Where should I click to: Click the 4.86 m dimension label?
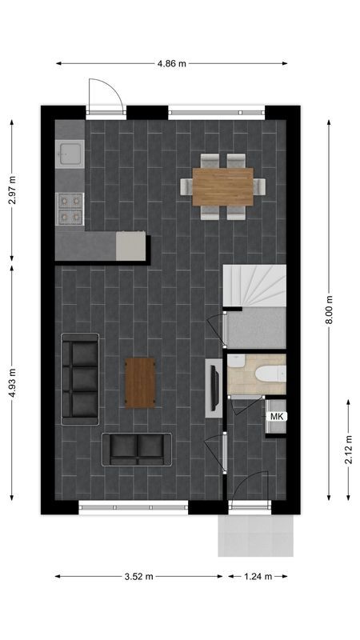tap(172, 63)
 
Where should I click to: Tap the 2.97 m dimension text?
tap(12, 190)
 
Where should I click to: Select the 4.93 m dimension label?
tap(12, 382)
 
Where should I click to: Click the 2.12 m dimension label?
tap(348, 450)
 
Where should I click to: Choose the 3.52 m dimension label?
tap(139, 575)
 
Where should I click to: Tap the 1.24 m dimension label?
tap(258, 575)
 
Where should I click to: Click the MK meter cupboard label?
tap(277, 417)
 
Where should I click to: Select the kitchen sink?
tap(70, 152)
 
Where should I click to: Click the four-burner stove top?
tap(70, 208)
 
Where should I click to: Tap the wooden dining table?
tap(222, 186)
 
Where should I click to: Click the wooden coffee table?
tap(140, 382)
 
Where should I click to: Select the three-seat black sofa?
tap(81, 378)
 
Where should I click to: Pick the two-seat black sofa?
tap(137, 449)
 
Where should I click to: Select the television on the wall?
tap(214, 388)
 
